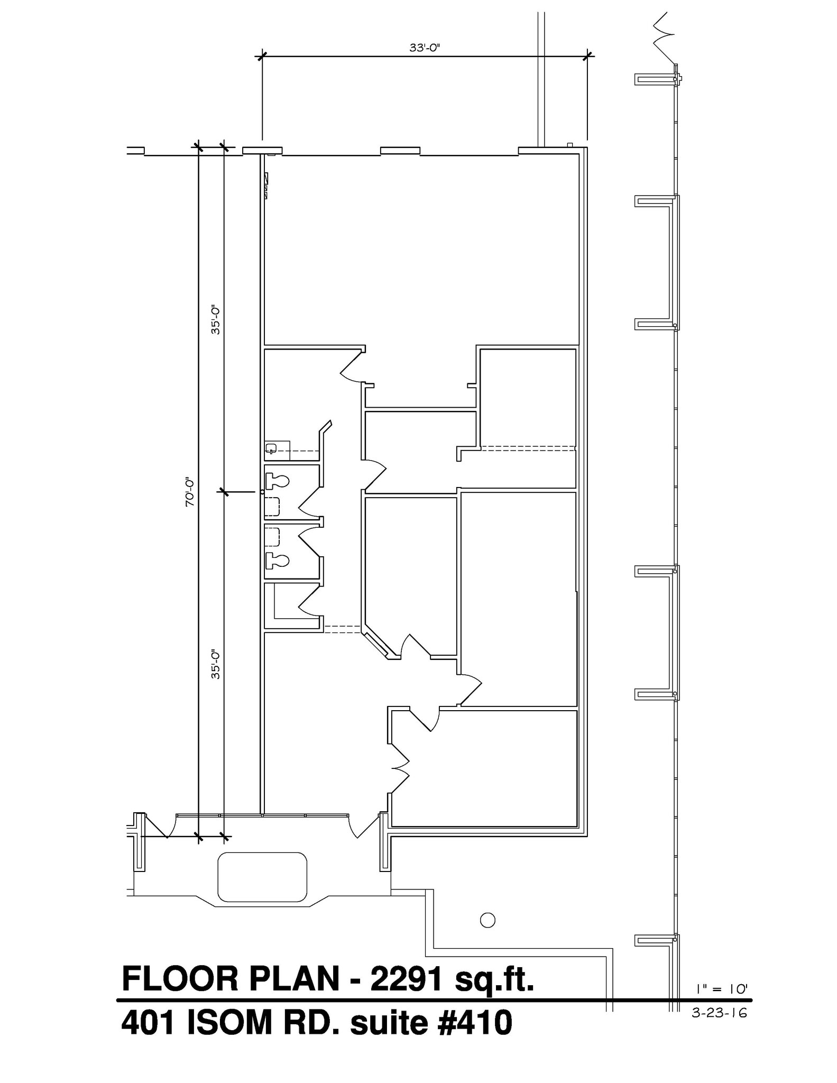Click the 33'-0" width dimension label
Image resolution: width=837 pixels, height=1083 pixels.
point(425,48)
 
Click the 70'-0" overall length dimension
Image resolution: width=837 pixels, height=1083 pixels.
point(190,492)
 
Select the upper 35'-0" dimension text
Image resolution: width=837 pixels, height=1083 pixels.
point(215,319)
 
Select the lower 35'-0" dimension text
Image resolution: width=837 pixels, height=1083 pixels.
point(215,664)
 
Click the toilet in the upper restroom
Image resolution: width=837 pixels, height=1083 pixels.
point(277,481)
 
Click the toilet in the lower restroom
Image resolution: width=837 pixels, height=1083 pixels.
point(277,559)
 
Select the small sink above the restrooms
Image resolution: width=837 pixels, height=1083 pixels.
point(271,449)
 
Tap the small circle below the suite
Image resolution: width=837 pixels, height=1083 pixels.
point(488,920)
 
